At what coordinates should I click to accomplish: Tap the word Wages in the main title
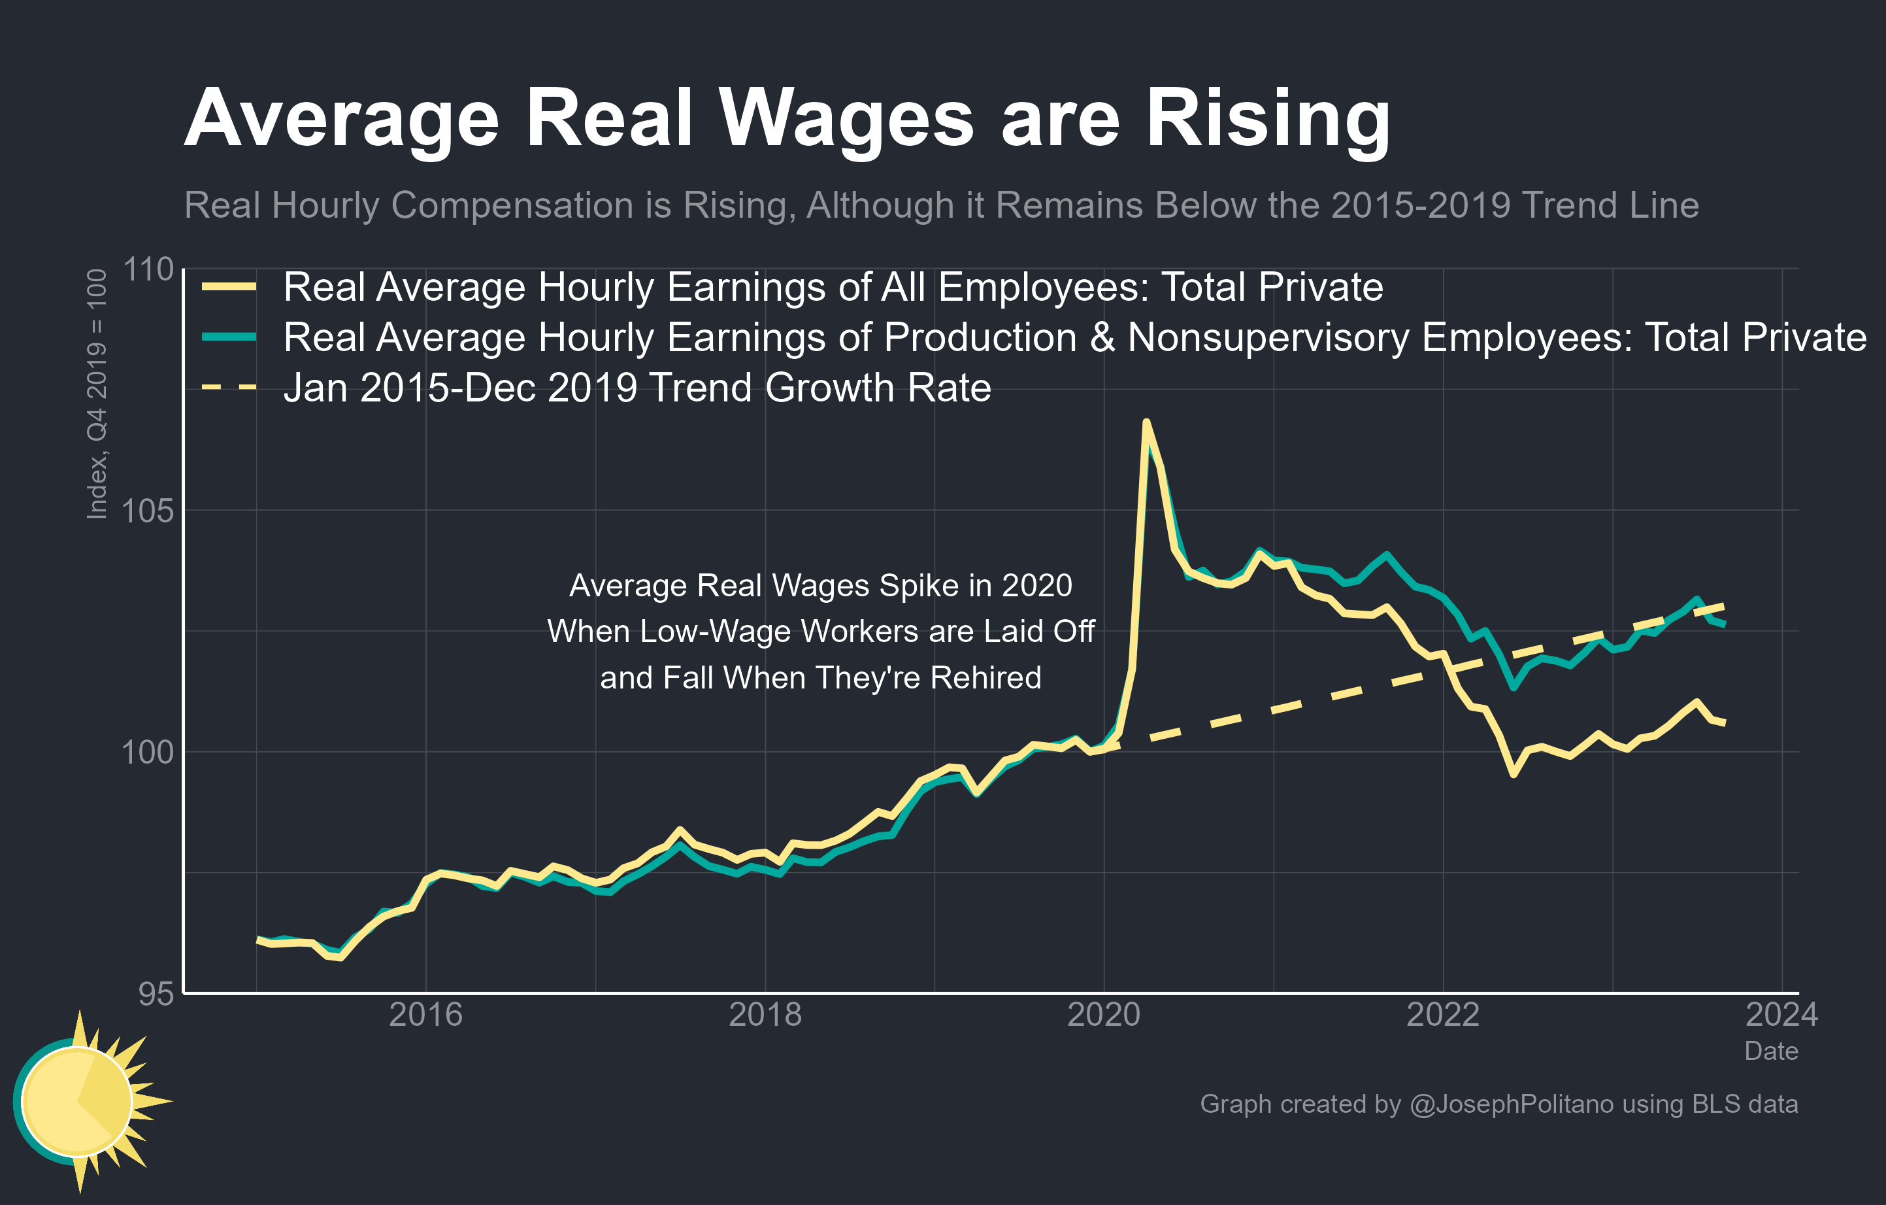pyautogui.click(x=846, y=119)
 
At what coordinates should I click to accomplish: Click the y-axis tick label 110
pyautogui.click(x=149, y=269)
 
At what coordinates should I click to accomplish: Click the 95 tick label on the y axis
pyautogui.click(x=156, y=993)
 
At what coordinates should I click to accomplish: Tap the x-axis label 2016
pyautogui.click(x=425, y=1015)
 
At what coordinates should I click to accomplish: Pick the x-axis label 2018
pyautogui.click(x=765, y=1015)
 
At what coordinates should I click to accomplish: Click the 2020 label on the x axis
pyautogui.click(x=1104, y=1015)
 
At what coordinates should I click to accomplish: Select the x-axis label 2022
pyautogui.click(x=1444, y=1015)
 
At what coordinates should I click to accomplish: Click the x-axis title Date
pyautogui.click(x=1771, y=1051)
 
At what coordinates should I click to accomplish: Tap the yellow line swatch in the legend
pyautogui.click(x=229, y=287)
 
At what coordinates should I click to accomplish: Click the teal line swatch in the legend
pyautogui.click(x=229, y=337)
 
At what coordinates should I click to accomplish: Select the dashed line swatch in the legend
pyautogui.click(x=229, y=387)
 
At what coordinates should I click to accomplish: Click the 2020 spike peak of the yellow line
pyautogui.click(x=1146, y=422)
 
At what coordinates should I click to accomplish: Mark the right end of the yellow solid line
pyautogui.click(x=1725, y=723)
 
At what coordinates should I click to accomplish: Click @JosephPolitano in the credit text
pyautogui.click(x=1512, y=1104)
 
